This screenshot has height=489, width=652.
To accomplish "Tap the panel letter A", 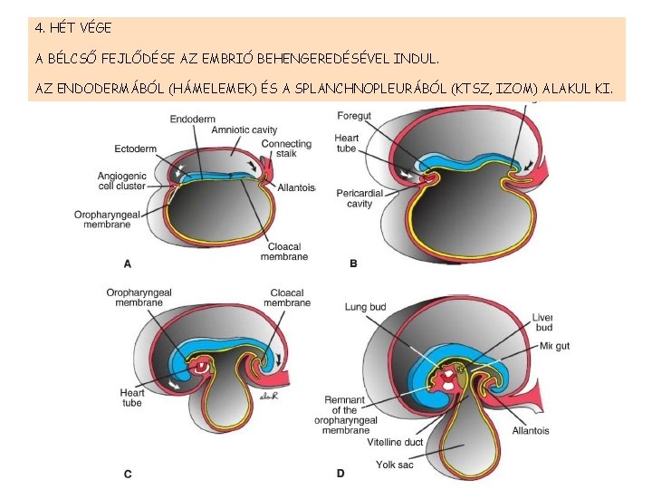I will (x=128, y=264).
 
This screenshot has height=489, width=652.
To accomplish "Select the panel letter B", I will (x=353, y=264).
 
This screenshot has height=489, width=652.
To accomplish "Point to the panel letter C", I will (x=128, y=474).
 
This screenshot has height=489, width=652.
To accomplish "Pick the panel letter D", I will (x=340, y=474).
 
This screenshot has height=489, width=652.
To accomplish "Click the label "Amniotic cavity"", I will (x=244, y=130).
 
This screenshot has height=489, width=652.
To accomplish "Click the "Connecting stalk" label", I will (x=286, y=149).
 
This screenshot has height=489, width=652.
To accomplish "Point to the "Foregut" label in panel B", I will (x=354, y=116).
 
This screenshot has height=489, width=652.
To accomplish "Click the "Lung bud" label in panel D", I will (x=365, y=308).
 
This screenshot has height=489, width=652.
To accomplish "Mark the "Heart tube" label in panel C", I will (x=132, y=398).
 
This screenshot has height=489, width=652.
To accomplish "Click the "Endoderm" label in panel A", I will (x=192, y=118).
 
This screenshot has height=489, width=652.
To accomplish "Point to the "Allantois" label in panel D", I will (x=530, y=431).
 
